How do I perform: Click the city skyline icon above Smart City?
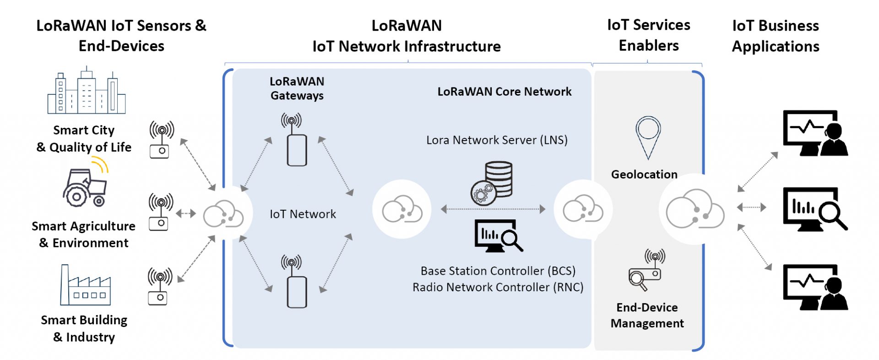(x=86, y=91)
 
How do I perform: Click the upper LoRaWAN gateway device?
(x=296, y=150)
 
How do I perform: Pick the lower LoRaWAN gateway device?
(x=296, y=292)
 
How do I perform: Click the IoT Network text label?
(x=303, y=214)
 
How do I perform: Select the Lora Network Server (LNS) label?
(x=497, y=140)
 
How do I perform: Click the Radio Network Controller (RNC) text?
(x=498, y=287)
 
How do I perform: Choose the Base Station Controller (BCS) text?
(x=498, y=271)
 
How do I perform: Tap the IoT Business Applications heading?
(x=775, y=36)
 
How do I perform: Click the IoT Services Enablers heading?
(x=648, y=35)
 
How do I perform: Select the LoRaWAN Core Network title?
(x=504, y=92)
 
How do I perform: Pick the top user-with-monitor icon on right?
(x=815, y=133)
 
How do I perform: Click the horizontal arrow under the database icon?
(x=493, y=209)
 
